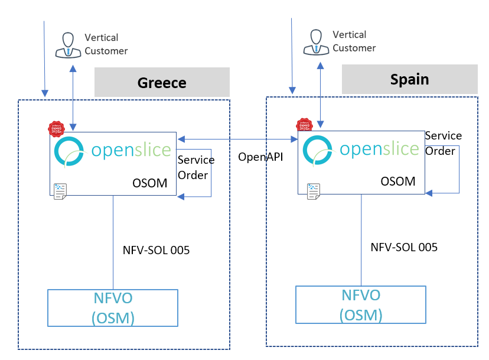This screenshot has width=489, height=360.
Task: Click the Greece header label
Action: (162, 83)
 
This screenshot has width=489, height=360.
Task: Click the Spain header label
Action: (409, 79)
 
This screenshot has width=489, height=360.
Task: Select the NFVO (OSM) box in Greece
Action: (113, 307)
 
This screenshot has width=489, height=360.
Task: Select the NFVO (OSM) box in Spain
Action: (361, 305)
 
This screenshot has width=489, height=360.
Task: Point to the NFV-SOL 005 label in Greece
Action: (156, 250)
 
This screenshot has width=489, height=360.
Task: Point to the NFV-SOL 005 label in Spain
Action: (404, 247)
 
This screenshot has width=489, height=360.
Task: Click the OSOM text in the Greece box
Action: (154, 184)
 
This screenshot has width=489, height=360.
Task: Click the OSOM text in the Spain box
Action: (398, 181)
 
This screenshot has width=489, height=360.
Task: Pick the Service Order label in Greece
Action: (195, 168)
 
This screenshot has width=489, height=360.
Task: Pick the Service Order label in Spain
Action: (443, 143)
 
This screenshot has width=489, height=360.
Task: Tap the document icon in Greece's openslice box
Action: (60, 190)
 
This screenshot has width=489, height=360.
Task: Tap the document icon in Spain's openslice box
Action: (313, 189)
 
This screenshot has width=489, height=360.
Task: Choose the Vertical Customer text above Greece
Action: (106, 44)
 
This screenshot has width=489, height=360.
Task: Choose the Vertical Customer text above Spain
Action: (354, 41)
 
